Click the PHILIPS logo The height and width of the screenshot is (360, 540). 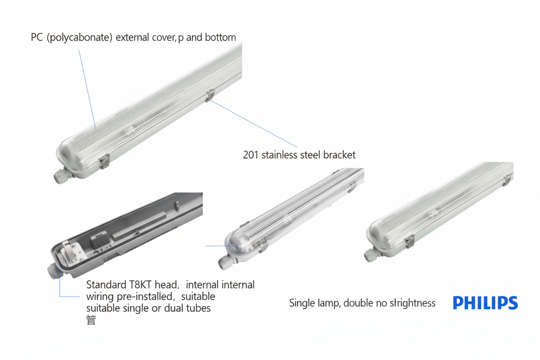485,303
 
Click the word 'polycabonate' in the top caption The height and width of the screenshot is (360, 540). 80,38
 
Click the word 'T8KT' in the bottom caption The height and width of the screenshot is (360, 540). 140,285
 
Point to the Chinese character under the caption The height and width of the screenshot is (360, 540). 91,320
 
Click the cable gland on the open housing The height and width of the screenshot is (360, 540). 54,271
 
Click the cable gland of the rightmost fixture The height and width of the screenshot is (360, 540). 372,254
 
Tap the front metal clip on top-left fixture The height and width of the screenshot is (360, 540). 104,161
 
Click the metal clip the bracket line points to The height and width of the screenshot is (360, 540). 210,95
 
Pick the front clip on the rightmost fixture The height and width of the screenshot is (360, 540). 409,241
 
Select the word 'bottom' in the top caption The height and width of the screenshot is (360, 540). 220,37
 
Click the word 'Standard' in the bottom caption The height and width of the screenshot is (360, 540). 106,285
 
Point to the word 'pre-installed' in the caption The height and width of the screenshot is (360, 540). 145,296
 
